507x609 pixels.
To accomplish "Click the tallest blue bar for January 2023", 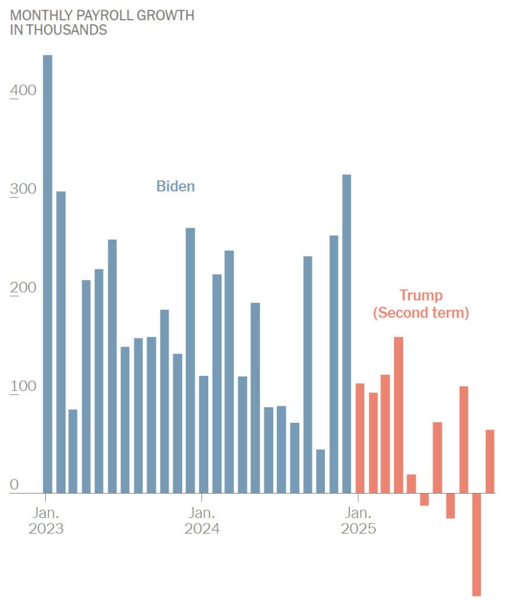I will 48,274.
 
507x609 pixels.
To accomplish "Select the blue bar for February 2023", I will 61,342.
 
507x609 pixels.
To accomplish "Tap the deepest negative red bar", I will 477,544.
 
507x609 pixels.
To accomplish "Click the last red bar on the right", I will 490,462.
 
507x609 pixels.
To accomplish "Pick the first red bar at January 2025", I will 360,438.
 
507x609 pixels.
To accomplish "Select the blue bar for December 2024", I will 346,334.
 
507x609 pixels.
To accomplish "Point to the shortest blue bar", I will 321,471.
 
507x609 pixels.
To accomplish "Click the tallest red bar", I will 399,415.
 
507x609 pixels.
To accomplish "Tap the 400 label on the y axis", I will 23,90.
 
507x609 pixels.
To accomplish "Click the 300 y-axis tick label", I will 23,189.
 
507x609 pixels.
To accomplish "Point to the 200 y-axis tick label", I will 23,288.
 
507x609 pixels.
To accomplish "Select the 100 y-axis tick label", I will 23,387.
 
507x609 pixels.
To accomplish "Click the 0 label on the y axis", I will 15,485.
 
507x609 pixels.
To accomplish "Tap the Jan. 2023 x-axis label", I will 46,520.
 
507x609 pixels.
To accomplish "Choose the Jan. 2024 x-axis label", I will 202,520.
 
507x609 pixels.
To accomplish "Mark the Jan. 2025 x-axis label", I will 358,520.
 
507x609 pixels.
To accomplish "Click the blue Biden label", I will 176,186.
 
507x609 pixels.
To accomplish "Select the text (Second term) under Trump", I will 421,313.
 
